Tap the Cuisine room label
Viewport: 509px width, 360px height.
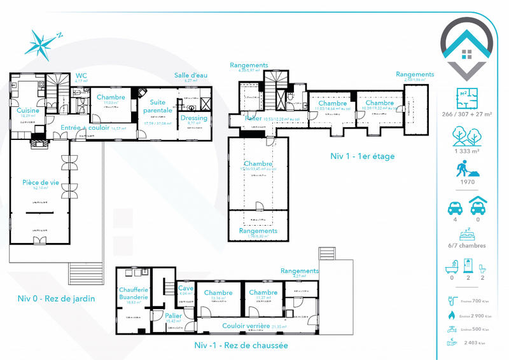click(28, 110)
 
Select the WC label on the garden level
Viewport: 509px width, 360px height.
click(81, 76)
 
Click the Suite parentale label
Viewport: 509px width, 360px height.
click(157, 106)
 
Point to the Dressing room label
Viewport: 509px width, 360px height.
click(193, 118)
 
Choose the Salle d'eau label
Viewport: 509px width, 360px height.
click(191, 76)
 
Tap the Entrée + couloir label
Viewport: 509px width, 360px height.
click(85, 128)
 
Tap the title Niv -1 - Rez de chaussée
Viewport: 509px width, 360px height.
click(241, 345)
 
